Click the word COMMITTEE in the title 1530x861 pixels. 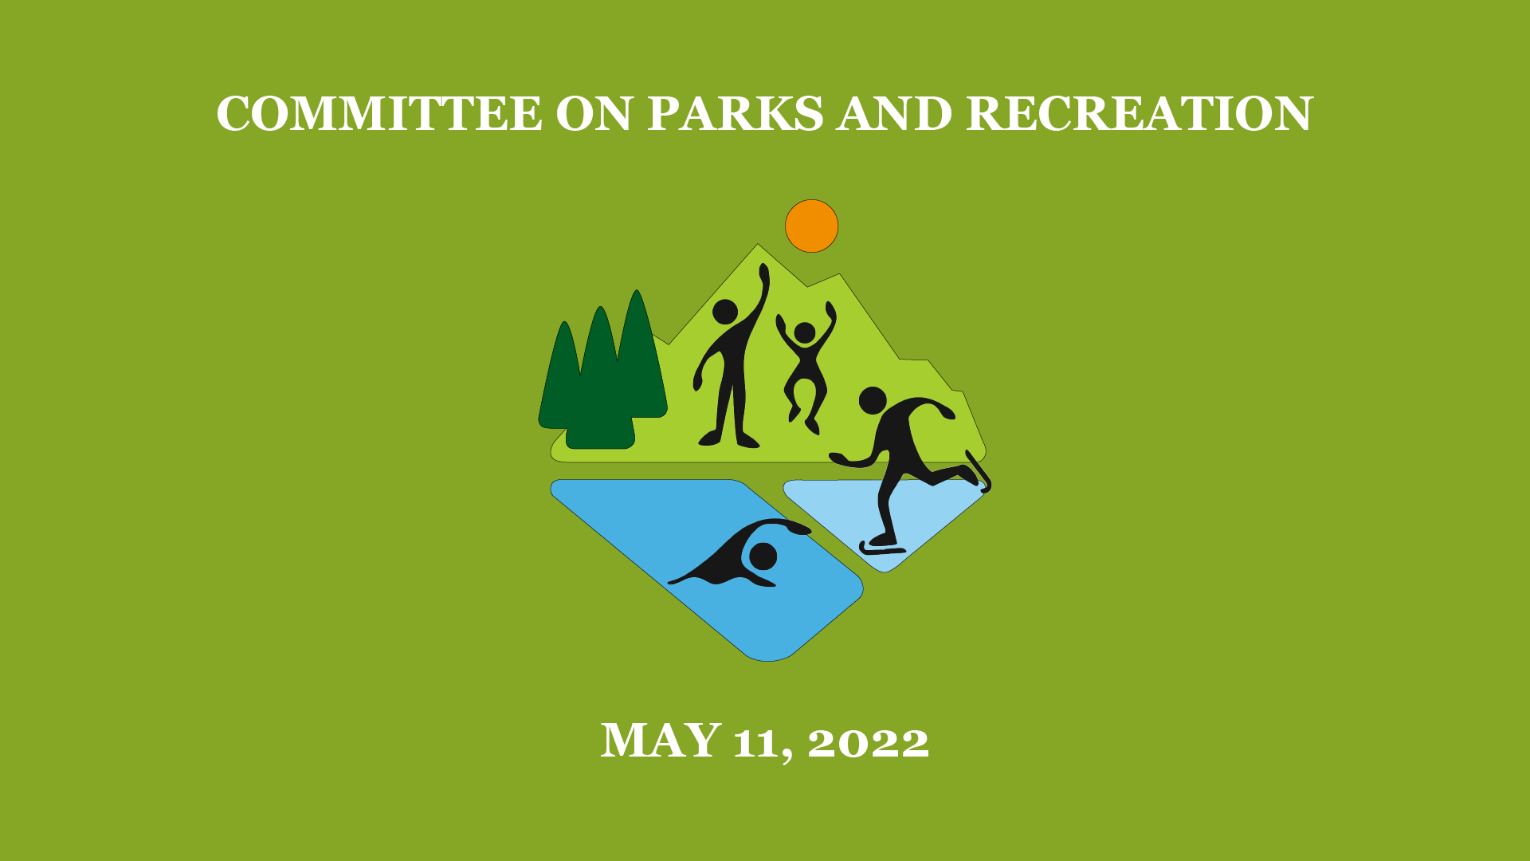point(379,113)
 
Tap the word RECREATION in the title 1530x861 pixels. point(1140,113)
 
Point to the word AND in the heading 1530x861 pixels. point(895,113)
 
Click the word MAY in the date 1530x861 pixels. point(661,740)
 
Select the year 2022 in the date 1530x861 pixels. point(868,742)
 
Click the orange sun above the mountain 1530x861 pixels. point(811,226)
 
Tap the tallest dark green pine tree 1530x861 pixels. point(639,359)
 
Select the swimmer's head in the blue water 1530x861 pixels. point(763,556)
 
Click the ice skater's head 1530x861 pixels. point(873,400)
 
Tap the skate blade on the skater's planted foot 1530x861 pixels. point(882,549)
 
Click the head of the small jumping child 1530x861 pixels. point(805,332)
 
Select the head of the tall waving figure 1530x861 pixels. point(725,312)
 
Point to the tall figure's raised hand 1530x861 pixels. point(764,275)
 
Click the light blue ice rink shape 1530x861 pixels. point(885,518)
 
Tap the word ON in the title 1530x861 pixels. point(595,113)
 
